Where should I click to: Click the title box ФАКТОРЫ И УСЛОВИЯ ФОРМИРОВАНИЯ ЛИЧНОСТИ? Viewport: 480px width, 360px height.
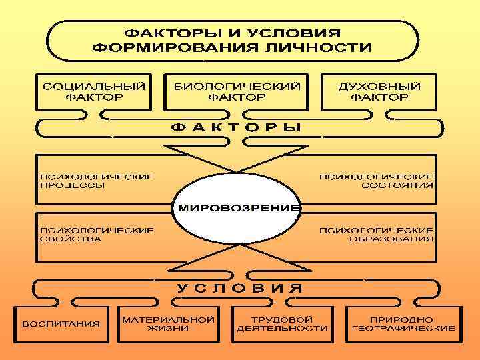pos(233,39)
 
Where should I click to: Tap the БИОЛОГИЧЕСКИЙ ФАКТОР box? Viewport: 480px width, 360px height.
pos(237,91)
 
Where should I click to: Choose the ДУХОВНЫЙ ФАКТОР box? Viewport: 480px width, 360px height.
pos(380,91)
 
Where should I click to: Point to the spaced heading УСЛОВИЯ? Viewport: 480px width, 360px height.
pos(238,288)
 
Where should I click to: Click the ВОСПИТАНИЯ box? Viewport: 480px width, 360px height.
pos(61,324)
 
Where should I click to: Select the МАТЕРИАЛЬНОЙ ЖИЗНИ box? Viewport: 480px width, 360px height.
pos(168,323)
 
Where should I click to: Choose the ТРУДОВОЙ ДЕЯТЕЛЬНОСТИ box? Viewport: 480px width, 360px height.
pos(282,323)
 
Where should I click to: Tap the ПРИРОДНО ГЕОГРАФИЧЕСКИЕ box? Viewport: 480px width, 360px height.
pos(404,323)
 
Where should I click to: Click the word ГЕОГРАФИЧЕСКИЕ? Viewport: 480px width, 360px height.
pos(404,328)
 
